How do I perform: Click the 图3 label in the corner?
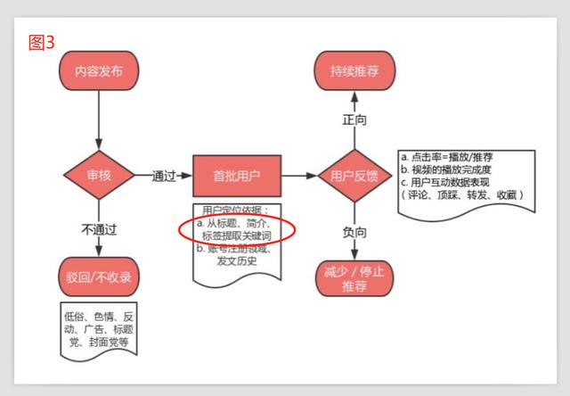(x=42, y=42)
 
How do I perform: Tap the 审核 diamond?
(x=98, y=175)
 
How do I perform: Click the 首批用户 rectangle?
(x=231, y=175)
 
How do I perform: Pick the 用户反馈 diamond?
(x=354, y=175)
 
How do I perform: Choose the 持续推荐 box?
(x=354, y=70)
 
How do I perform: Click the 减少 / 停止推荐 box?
(x=355, y=279)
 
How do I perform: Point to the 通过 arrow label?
(x=163, y=175)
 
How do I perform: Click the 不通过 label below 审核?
(x=99, y=229)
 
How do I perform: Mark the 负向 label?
(x=354, y=232)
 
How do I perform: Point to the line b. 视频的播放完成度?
(x=452, y=169)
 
